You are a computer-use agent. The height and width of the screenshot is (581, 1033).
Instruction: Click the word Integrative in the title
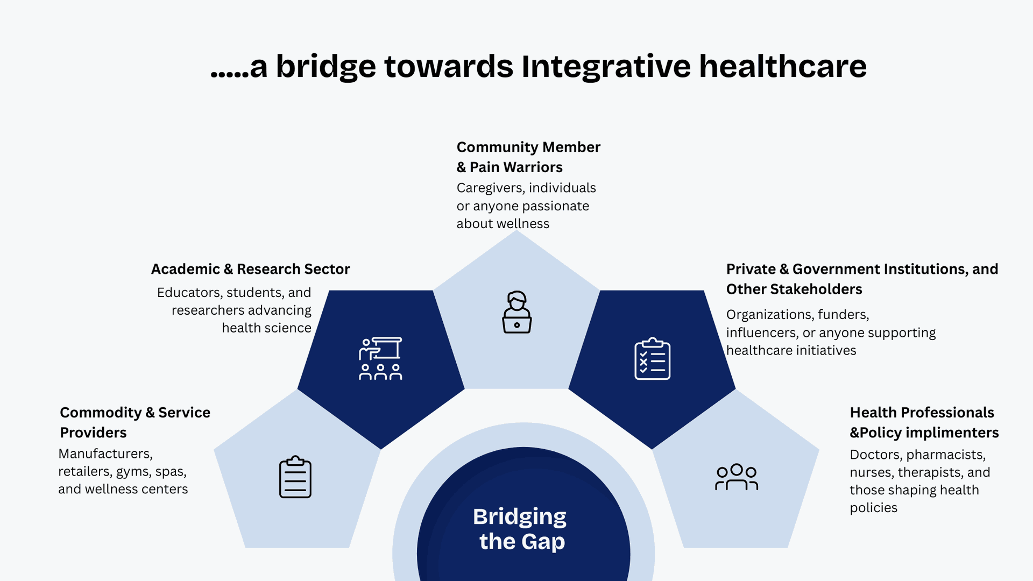[606, 67]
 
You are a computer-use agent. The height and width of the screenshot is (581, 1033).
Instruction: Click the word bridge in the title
[326, 67]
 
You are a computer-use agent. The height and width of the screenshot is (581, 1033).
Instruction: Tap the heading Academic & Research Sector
[250, 269]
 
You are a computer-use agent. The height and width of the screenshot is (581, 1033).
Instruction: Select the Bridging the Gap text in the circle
[520, 529]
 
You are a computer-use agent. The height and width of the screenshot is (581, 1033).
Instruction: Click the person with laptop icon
[517, 312]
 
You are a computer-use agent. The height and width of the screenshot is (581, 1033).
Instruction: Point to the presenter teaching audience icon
[380, 359]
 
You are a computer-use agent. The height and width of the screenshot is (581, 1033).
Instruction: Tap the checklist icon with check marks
[652, 359]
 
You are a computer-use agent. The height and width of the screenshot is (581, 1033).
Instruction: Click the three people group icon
[737, 477]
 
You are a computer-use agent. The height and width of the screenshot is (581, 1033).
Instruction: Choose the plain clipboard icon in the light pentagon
[295, 477]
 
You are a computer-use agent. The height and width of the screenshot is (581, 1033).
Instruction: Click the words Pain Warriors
[516, 167]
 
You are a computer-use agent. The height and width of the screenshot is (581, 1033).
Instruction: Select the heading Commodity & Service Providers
[135, 422]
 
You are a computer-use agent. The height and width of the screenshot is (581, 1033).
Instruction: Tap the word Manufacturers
[105, 454]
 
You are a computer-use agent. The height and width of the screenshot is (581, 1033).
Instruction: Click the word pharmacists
[946, 455]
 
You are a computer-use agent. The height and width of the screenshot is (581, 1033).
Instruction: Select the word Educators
[190, 293]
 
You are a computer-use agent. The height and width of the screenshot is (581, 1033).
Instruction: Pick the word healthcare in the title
[783, 67]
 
